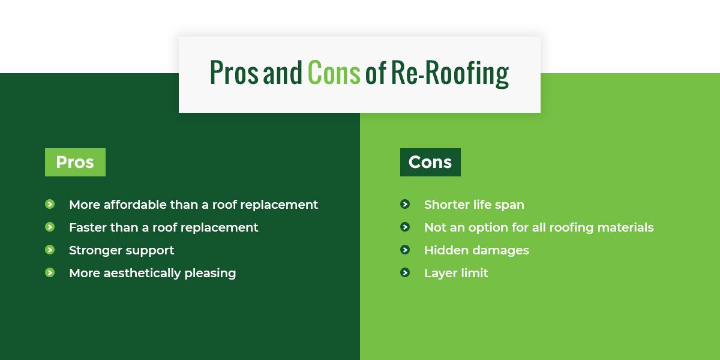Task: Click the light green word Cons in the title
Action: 334,73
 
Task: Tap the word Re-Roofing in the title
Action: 450,74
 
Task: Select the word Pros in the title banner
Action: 234,73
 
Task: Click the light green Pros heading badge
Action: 75,162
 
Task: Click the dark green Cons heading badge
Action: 430,162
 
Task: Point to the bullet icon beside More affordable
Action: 50,204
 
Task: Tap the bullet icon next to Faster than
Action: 50,227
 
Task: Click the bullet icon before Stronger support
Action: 50,250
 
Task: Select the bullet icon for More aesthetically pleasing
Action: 50,272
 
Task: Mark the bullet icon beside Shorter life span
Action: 405,204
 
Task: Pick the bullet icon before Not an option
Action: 405,227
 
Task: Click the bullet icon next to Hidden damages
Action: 405,250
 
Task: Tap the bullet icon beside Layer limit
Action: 405,272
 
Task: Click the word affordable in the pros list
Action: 134,205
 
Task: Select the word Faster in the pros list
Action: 88,227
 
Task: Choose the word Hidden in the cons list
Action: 446,250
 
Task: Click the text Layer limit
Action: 456,274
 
